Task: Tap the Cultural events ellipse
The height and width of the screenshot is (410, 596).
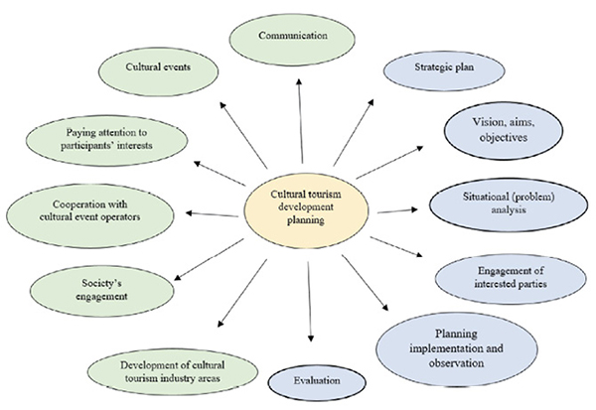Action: pos(159,69)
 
